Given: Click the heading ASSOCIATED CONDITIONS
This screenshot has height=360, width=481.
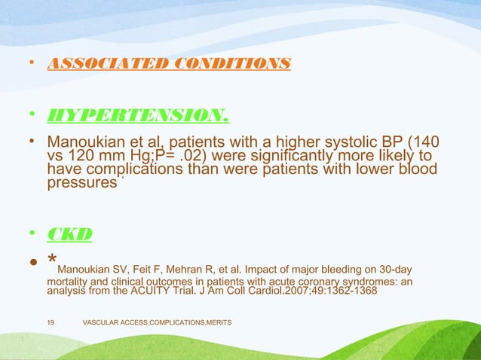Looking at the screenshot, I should (168, 63).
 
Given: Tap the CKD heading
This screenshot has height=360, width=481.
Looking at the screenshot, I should (69, 234).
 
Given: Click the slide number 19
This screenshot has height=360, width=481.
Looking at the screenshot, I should (50, 322).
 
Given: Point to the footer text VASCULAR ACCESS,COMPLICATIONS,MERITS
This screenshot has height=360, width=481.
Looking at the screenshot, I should (156, 322).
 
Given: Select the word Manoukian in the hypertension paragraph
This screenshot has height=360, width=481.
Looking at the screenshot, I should (82, 142).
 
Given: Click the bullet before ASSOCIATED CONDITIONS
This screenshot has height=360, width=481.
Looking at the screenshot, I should (32, 63).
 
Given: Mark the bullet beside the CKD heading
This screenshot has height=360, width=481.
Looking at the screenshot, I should (32, 234).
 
